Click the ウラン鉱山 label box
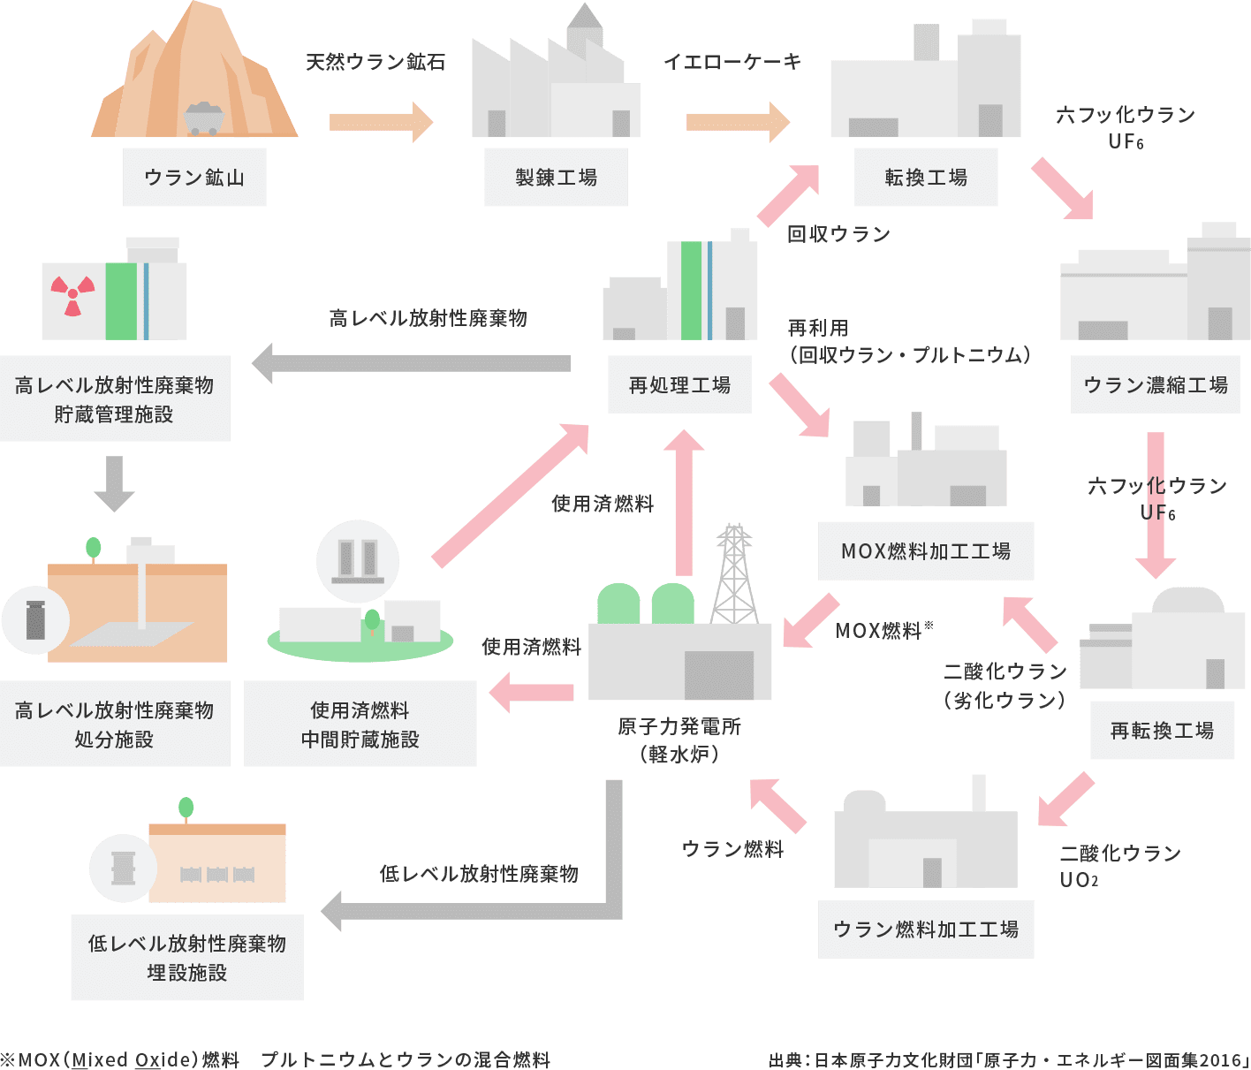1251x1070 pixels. pos(194,178)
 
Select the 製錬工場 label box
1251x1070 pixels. pos(556,178)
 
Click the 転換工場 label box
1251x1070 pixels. pos(926,178)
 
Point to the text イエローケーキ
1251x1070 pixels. pos(732,61)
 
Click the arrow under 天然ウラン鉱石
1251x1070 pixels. pos(381,122)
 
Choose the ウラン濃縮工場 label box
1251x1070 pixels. pos(1155,385)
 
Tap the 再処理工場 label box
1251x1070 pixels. pos(679,385)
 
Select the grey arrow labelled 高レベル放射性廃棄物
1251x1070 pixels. pos(412,363)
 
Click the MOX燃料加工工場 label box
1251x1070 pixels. pos(926,551)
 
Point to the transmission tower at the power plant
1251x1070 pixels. pos(734,574)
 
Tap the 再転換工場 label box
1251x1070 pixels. pos(1162,731)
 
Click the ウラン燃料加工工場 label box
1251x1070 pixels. pos(926,930)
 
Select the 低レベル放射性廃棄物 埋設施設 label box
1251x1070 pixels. pos(187,958)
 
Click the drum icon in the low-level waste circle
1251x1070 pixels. pos(124,868)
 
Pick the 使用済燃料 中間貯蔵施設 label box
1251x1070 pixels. pos(360,724)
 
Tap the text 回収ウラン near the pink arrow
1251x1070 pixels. pos(838,234)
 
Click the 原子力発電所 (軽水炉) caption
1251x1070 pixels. pos(679,740)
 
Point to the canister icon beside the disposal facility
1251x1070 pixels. pos(35,619)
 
